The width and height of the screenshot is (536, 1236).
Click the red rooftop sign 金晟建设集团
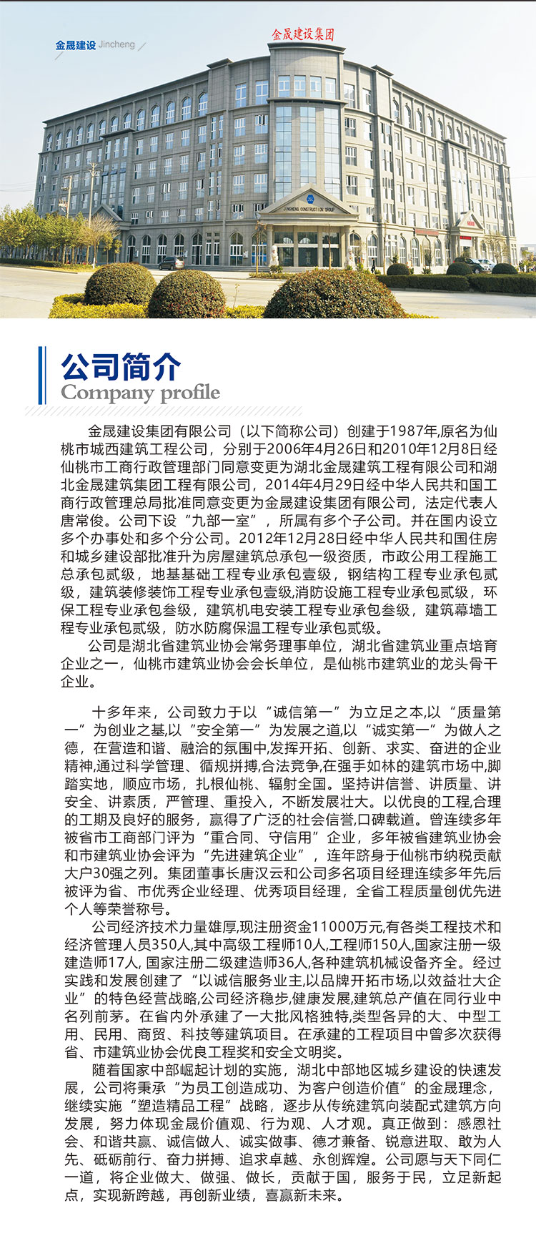click(303, 34)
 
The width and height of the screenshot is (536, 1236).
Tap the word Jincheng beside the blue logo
click(116, 44)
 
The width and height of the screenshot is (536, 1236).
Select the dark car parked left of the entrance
click(172, 263)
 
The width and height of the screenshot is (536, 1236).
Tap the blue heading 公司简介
click(121, 367)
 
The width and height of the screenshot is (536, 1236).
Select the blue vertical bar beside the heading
click(41, 376)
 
